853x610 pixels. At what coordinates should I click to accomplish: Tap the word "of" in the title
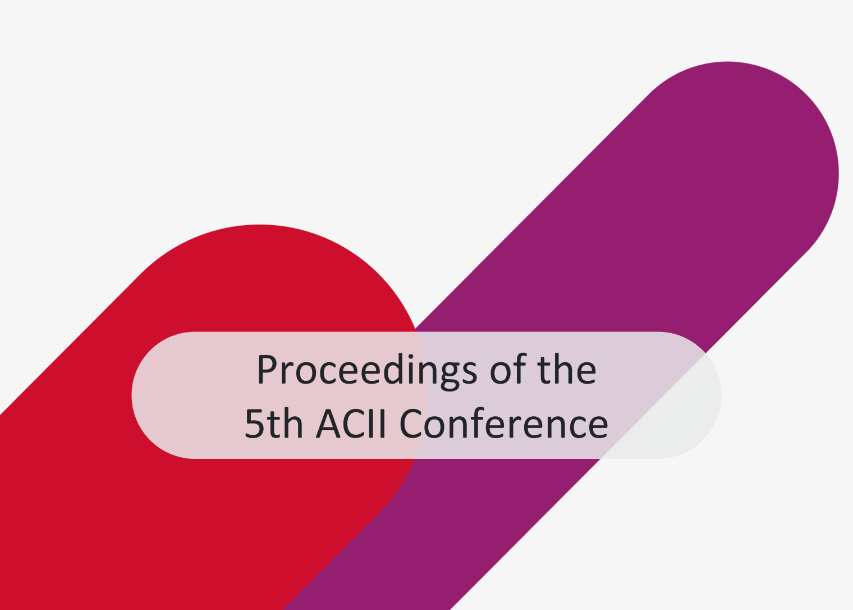pyautogui.click(x=508, y=368)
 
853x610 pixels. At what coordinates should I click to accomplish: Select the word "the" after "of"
pyautogui.click(x=567, y=368)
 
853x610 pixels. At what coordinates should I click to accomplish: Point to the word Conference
pyautogui.click(x=503, y=423)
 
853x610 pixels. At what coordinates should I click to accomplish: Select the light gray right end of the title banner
pyautogui.click(x=689, y=395)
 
